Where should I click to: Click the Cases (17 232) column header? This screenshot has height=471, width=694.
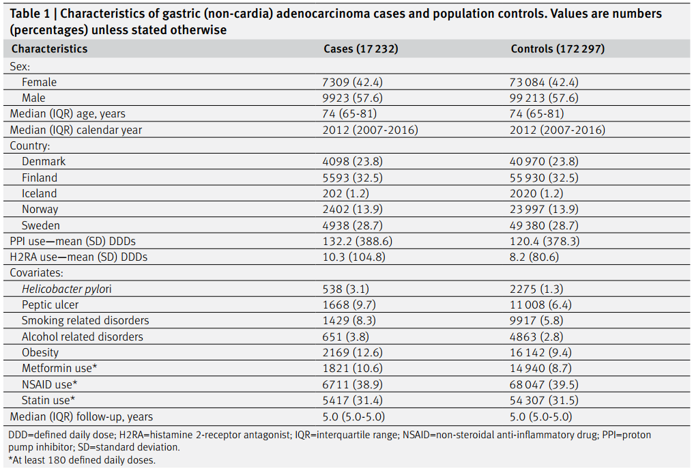click(361, 48)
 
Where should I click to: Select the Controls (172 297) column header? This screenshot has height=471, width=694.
click(558, 48)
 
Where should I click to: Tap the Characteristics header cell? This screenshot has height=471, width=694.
click(50, 48)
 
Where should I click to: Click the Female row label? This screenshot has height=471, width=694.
click(40, 83)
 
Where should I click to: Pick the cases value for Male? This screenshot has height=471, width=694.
click(352, 98)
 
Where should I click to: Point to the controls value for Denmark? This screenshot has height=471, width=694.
click(544, 162)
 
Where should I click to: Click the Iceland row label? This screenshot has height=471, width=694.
click(40, 193)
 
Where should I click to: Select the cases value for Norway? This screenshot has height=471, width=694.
click(352, 210)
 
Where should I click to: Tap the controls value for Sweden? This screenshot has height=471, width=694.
click(544, 225)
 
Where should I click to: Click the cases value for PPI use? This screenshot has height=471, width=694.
click(357, 241)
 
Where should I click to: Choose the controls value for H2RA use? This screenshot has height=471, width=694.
click(534, 257)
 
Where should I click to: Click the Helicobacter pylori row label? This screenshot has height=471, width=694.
click(67, 289)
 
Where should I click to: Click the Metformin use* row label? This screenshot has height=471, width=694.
click(59, 369)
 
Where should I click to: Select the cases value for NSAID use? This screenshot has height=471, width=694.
click(352, 385)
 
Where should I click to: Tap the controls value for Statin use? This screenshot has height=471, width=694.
click(544, 401)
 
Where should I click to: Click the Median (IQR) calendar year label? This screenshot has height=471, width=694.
click(76, 130)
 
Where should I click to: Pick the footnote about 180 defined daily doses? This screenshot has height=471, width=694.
click(82, 460)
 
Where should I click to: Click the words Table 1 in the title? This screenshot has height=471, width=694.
click(30, 14)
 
